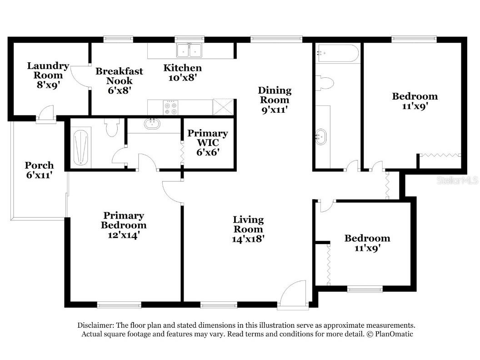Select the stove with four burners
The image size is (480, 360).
[x=171, y=108]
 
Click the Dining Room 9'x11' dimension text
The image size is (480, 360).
[x=275, y=110]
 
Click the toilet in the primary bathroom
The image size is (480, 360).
[x=111, y=129]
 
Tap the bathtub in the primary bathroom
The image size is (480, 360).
[x=80, y=146]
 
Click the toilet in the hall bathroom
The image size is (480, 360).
[x=325, y=83]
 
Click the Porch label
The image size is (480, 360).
[x=39, y=165]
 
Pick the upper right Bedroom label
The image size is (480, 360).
[x=415, y=96]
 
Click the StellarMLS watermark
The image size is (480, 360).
[x=457, y=180]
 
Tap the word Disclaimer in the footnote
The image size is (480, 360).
[x=95, y=325]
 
